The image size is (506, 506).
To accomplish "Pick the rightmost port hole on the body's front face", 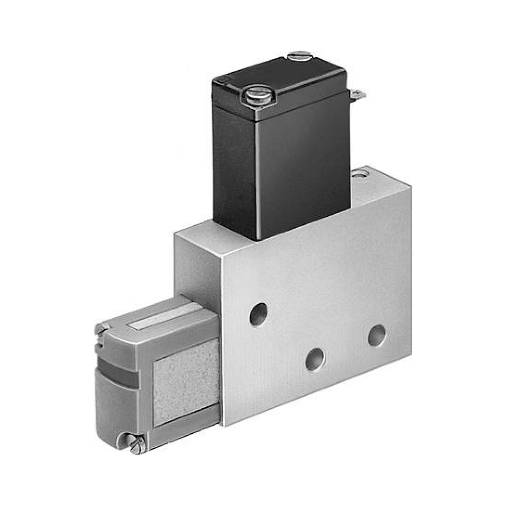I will click(x=377, y=335).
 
